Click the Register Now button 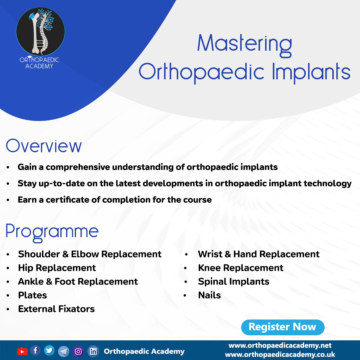coord(283,327)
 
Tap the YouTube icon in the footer coord(22,352)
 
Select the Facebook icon coord(35,351)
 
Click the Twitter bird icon coord(49,350)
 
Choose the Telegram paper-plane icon coord(64,351)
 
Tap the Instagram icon coord(78,352)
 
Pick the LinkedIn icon coord(93,351)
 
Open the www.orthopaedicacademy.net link coord(280,345)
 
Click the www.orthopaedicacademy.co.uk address coord(280,354)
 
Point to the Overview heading coord(44,146)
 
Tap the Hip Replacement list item coord(57,268)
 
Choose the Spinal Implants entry coord(233,282)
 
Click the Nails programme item coord(209,295)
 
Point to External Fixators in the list coord(56,309)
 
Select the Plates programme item coord(32,295)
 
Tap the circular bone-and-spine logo coord(40,32)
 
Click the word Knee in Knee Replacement coord(209,268)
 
